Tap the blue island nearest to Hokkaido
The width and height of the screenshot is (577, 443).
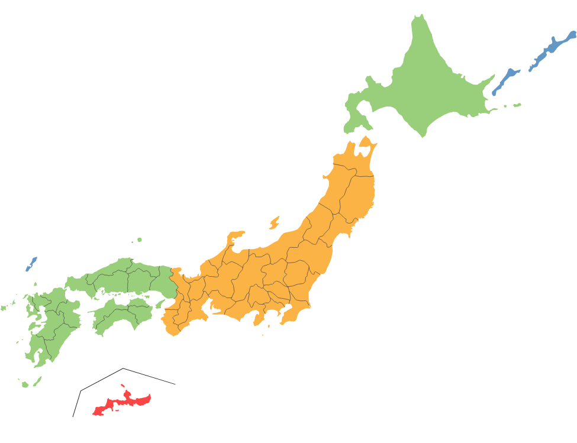505,80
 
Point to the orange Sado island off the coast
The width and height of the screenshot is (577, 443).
274,223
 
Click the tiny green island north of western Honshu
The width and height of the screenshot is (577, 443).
140,240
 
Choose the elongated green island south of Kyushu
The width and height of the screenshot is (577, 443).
37,381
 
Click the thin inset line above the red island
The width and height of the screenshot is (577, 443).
124,370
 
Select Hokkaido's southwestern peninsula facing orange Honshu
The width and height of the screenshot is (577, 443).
353,118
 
